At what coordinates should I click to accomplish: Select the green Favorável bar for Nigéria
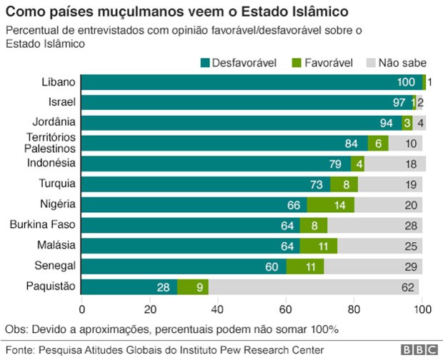pyautogui.click(x=330, y=205)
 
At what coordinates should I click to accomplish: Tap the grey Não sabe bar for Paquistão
pyautogui.click(x=314, y=287)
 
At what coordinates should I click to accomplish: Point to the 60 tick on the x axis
pyautogui.click(x=286, y=309)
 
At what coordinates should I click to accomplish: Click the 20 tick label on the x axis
pyautogui.click(x=150, y=309)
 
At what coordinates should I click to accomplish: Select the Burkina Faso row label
pyautogui.click(x=43, y=225)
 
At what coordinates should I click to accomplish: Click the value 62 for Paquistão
pyautogui.click(x=409, y=287)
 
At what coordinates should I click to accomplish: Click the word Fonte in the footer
pyautogui.click(x=19, y=350)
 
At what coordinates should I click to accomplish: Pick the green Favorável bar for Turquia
pyautogui.click(x=344, y=184)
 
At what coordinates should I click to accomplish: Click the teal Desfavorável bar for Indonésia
pyautogui.click(x=214, y=164)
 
